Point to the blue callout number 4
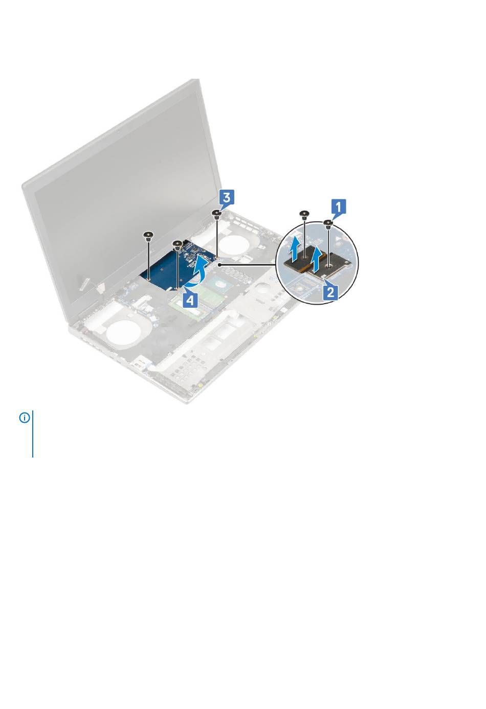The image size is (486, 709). point(189,299)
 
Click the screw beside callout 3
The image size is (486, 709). point(216,215)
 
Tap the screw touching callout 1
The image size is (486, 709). point(328,224)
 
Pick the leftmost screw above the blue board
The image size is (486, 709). point(147,236)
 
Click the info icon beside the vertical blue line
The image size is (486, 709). point(25,418)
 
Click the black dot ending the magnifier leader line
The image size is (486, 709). point(218,262)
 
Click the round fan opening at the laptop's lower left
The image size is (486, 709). point(124,334)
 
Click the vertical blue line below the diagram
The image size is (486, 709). point(33,434)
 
